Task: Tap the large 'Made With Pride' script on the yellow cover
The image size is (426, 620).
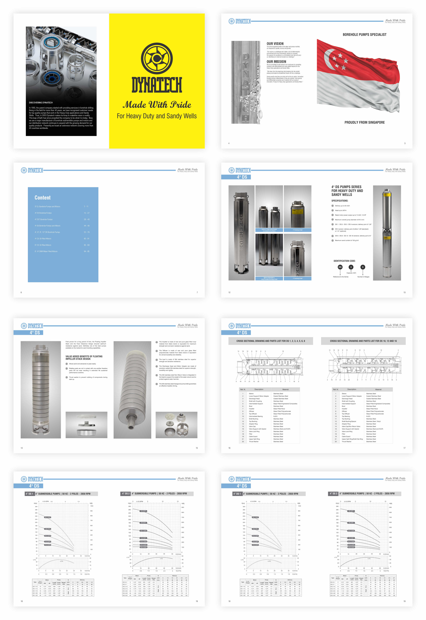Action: pyautogui.click(x=157, y=105)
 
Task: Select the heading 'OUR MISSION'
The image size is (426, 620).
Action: pyautogui.click(x=276, y=62)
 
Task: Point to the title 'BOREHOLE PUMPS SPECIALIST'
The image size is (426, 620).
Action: pyautogui.click(x=364, y=35)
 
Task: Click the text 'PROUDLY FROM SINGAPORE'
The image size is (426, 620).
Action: pyautogui.click(x=364, y=123)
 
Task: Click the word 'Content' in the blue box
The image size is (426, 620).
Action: pyautogui.click(x=42, y=198)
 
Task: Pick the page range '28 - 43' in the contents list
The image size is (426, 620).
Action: pyautogui.click(x=87, y=219)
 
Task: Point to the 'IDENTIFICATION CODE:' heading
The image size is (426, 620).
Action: pyautogui.click(x=344, y=261)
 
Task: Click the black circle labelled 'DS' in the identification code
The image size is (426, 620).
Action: pyautogui.click(x=340, y=267)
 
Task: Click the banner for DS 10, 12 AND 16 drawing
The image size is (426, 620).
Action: pyautogui.click(x=363, y=341)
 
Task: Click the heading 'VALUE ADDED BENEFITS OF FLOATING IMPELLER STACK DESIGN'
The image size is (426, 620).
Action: pyautogui.click(x=84, y=357)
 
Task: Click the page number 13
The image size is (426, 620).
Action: pyautogui.click(x=404, y=292)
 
